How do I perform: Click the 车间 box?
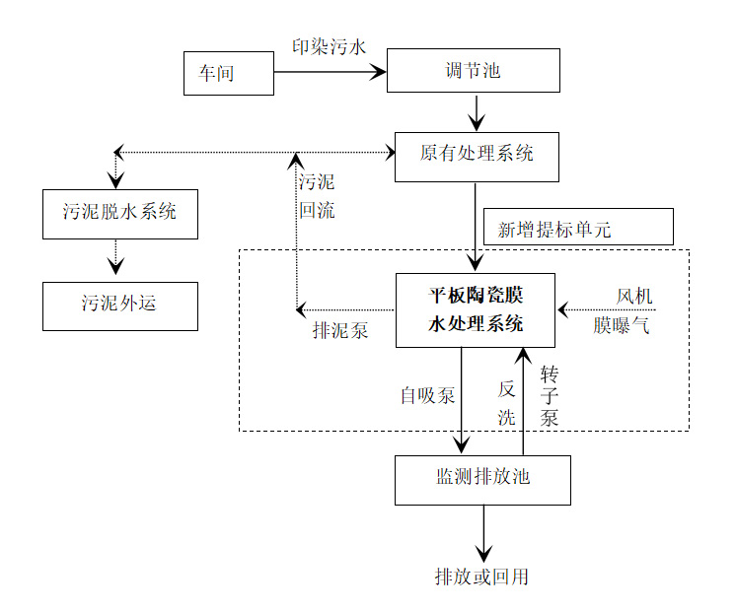click(228, 74)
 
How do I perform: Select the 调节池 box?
click(473, 71)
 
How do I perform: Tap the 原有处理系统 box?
click(477, 156)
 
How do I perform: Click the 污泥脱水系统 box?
click(119, 214)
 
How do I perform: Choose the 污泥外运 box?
click(119, 305)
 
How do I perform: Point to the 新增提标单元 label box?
click(577, 228)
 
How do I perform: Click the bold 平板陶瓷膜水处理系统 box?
click(476, 310)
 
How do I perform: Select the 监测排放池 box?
click(482, 479)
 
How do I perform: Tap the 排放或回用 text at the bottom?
click(482, 577)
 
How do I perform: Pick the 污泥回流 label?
click(317, 195)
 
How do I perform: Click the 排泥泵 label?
click(340, 331)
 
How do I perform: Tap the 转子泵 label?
click(550, 395)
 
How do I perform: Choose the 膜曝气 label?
click(622, 326)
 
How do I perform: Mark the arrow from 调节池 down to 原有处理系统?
click(477, 112)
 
